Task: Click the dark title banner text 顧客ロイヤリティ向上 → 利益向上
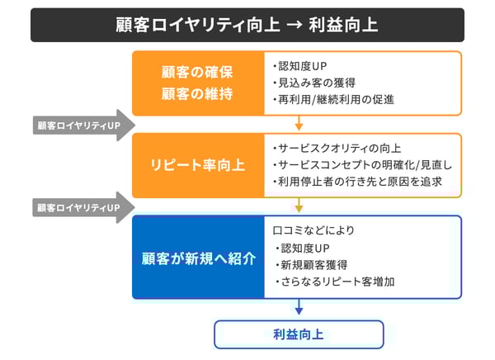(247, 25)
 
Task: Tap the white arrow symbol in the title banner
(295, 25)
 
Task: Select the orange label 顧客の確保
(197, 72)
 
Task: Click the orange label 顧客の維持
(197, 93)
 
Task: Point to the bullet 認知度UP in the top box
(300, 66)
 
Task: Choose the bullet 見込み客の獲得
(314, 83)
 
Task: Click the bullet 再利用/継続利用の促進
(333, 100)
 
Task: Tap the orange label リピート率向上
(198, 165)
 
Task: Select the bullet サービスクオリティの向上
(337, 149)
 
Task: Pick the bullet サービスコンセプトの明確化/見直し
(362, 165)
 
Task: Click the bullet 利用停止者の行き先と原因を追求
(357, 182)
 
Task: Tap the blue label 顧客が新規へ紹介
(199, 258)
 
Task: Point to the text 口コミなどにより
(313, 230)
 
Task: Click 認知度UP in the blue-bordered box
(303, 248)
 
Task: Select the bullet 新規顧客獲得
(311, 265)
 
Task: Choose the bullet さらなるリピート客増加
(335, 282)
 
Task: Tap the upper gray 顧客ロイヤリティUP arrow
(84, 126)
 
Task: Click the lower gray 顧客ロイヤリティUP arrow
(84, 207)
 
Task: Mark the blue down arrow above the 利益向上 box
(299, 306)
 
